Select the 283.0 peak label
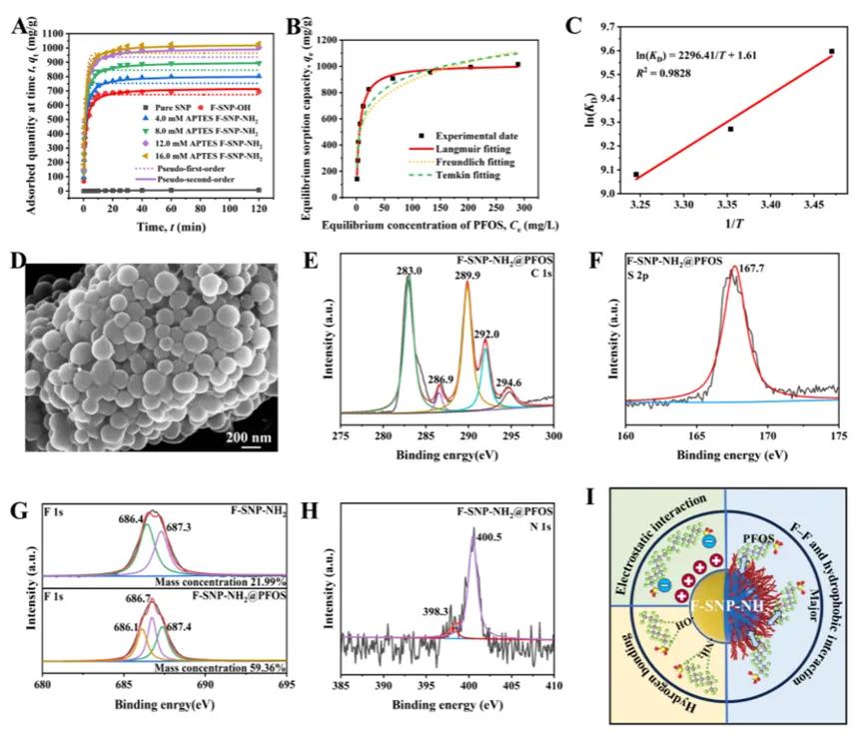tap(408, 270)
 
